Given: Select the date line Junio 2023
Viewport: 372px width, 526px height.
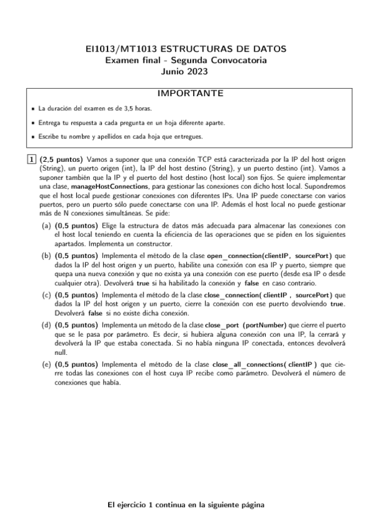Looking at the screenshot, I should tap(186, 71).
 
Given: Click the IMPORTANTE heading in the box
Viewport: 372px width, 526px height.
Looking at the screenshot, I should tap(186, 94).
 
